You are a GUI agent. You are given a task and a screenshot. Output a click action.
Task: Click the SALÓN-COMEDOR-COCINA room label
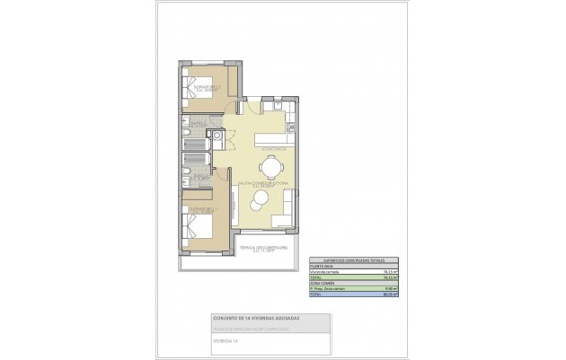pyautogui.click(x=262, y=183)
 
